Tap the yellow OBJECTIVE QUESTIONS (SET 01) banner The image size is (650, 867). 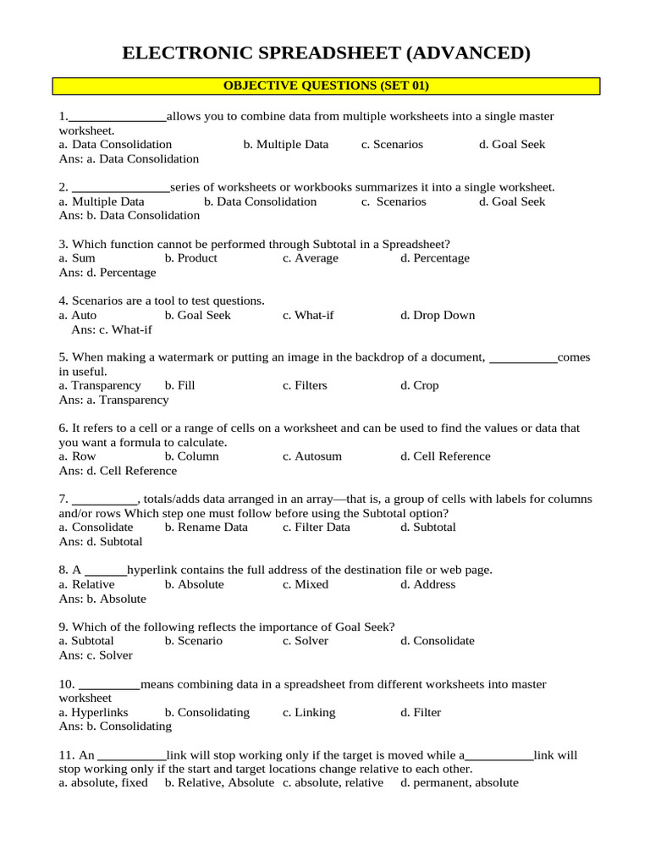coord(326,86)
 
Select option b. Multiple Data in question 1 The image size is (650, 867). coord(286,145)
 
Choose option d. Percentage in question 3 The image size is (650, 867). coord(435,258)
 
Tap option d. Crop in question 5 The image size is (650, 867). coord(420,385)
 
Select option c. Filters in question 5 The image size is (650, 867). coord(305,385)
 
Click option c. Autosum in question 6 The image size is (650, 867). coord(312,456)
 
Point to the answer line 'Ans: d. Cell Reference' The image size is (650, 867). coord(118,471)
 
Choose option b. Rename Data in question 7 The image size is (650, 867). coord(207,527)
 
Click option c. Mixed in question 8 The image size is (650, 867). coord(306,584)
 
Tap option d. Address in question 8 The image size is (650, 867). coord(428,584)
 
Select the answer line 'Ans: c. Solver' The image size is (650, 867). coord(96,655)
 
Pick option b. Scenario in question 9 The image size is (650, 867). coord(194,641)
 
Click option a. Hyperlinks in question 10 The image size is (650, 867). coord(94,712)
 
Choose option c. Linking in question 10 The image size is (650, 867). coord(309,712)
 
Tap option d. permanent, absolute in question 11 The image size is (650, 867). coord(460,783)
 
